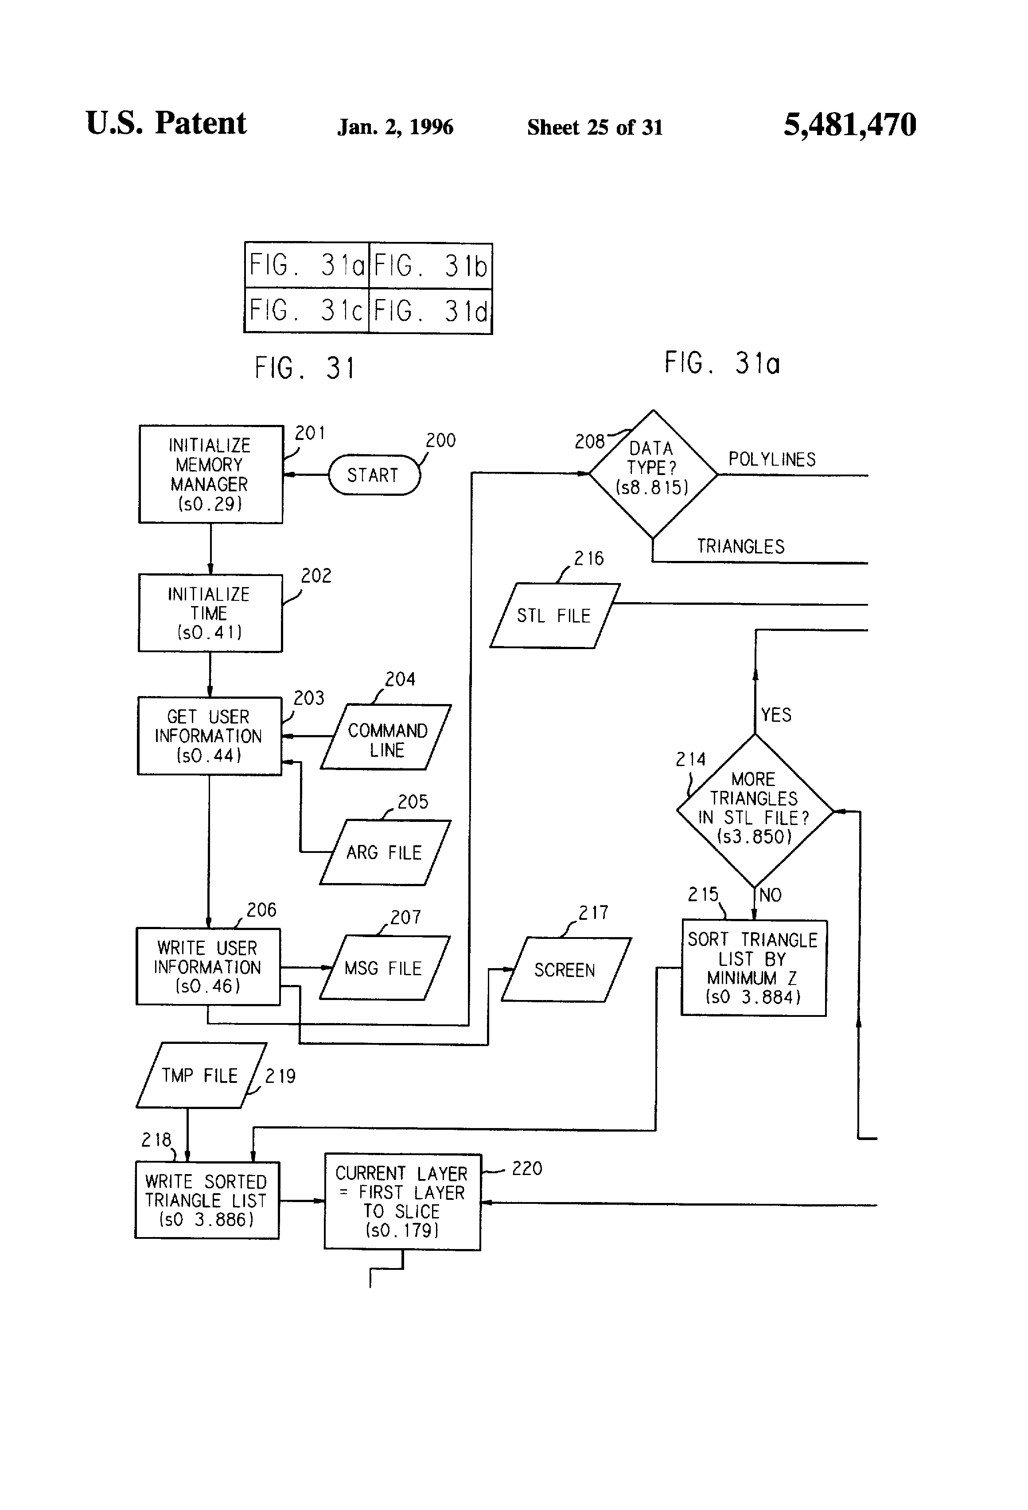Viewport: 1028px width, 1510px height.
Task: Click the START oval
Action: pyautogui.click(x=374, y=475)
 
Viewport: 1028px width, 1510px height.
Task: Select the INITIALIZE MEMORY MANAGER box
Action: pyautogui.click(x=210, y=474)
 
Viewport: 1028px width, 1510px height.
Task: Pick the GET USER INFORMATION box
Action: pyautogui.click(x=209, y=736)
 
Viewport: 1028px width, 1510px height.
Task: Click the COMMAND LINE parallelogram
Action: pyautogui.click(x=386, y=737)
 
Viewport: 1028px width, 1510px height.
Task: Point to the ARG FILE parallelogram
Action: pyautogui.click(x=385, y=852)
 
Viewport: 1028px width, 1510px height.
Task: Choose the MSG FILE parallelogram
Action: pyautogui.click(x=384, y=968)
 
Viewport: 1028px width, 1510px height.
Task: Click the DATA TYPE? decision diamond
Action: pyautogui.click(x=652, y=474)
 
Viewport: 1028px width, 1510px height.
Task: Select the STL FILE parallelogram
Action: pyautogui.click(x=554, y=615)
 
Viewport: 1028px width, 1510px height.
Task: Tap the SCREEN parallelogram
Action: pyautogui.click(x=565, y=970)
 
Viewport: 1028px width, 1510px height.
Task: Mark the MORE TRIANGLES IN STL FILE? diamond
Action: pyautogui.click(x=755, y=810)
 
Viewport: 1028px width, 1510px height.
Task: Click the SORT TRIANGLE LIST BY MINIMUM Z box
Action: pyautogui.click(x=754, y=968)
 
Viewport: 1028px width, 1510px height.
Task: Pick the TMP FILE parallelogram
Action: pyautogui.click(x=201, y=1075)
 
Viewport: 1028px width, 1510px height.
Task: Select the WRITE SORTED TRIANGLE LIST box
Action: pyautogui.click(x=206, y=1200)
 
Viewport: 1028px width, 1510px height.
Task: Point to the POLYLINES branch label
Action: pyautogui.click(x=771, y=459)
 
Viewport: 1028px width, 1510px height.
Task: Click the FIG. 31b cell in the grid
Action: pyautogui.click(x=430, y=266)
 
